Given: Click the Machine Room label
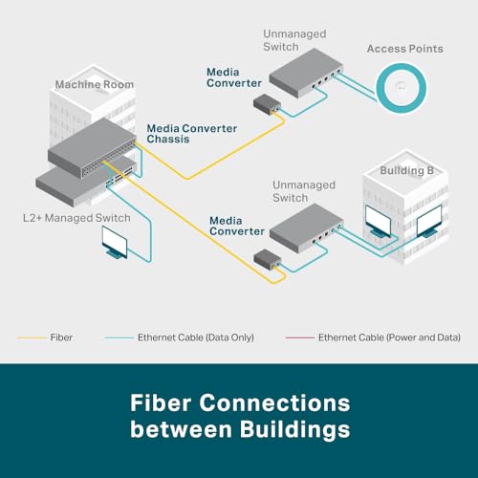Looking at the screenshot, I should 93,84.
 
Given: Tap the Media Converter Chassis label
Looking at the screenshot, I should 180,135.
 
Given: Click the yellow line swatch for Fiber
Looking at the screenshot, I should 31,337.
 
